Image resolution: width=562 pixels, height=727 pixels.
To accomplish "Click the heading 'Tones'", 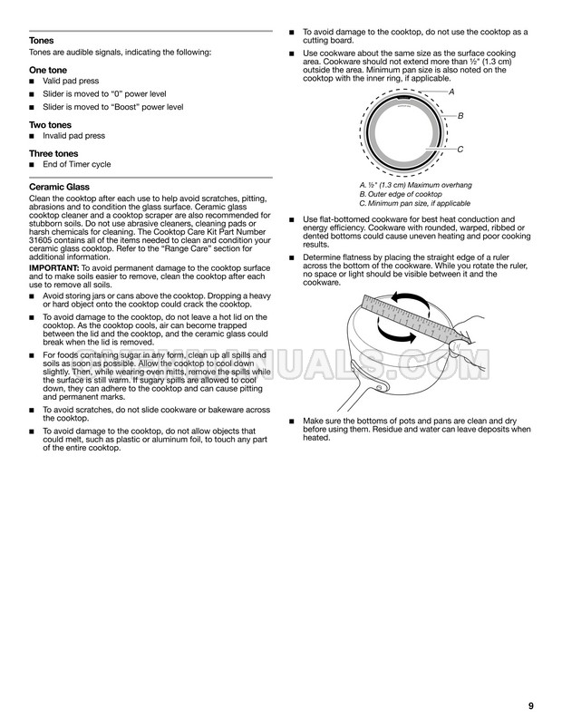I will coord(41,42).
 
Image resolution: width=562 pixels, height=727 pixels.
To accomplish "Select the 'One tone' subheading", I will coord(47,69).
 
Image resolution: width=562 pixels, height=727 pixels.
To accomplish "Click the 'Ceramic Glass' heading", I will coord(61,187).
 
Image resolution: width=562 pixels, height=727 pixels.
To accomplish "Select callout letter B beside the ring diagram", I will coord(460,117).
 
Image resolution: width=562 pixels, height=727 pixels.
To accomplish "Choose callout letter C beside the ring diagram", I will coord(460,150).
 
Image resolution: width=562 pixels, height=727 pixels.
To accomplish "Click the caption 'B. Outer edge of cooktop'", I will coord(401,195).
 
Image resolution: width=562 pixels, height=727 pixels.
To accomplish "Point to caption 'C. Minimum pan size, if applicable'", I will coord(414,204).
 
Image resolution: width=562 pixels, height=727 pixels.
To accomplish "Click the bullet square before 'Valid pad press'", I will coord(34,81).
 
